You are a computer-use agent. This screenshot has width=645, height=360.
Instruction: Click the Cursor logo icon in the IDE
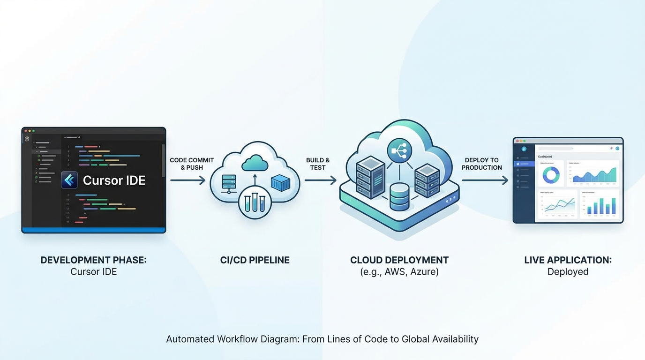point(69,180)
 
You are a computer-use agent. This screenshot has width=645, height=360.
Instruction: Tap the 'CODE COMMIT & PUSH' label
point(192,164)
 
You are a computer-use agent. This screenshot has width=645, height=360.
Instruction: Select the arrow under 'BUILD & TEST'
point(321,180)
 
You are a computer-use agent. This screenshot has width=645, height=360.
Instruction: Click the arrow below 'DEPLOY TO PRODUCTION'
point(485,180)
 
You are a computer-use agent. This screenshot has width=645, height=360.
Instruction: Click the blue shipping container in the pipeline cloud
point(280,183)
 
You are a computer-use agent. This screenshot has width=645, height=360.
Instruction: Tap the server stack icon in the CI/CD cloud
point(229,184)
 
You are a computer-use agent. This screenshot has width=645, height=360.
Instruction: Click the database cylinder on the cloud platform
point(399,196)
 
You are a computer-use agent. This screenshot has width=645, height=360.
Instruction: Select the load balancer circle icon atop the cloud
point(399,151)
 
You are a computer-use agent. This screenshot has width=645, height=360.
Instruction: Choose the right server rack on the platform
point(427,180)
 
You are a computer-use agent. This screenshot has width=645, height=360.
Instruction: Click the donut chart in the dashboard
point(551,175)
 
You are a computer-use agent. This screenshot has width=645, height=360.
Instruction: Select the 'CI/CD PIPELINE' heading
point(255,260)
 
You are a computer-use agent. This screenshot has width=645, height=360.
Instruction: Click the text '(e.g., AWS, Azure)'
point(399,272)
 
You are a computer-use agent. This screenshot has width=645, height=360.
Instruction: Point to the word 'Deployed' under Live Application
point(568,272)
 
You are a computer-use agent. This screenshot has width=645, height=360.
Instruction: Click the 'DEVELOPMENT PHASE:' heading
point(93,260)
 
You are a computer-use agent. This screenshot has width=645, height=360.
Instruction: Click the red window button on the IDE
point(25,131)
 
